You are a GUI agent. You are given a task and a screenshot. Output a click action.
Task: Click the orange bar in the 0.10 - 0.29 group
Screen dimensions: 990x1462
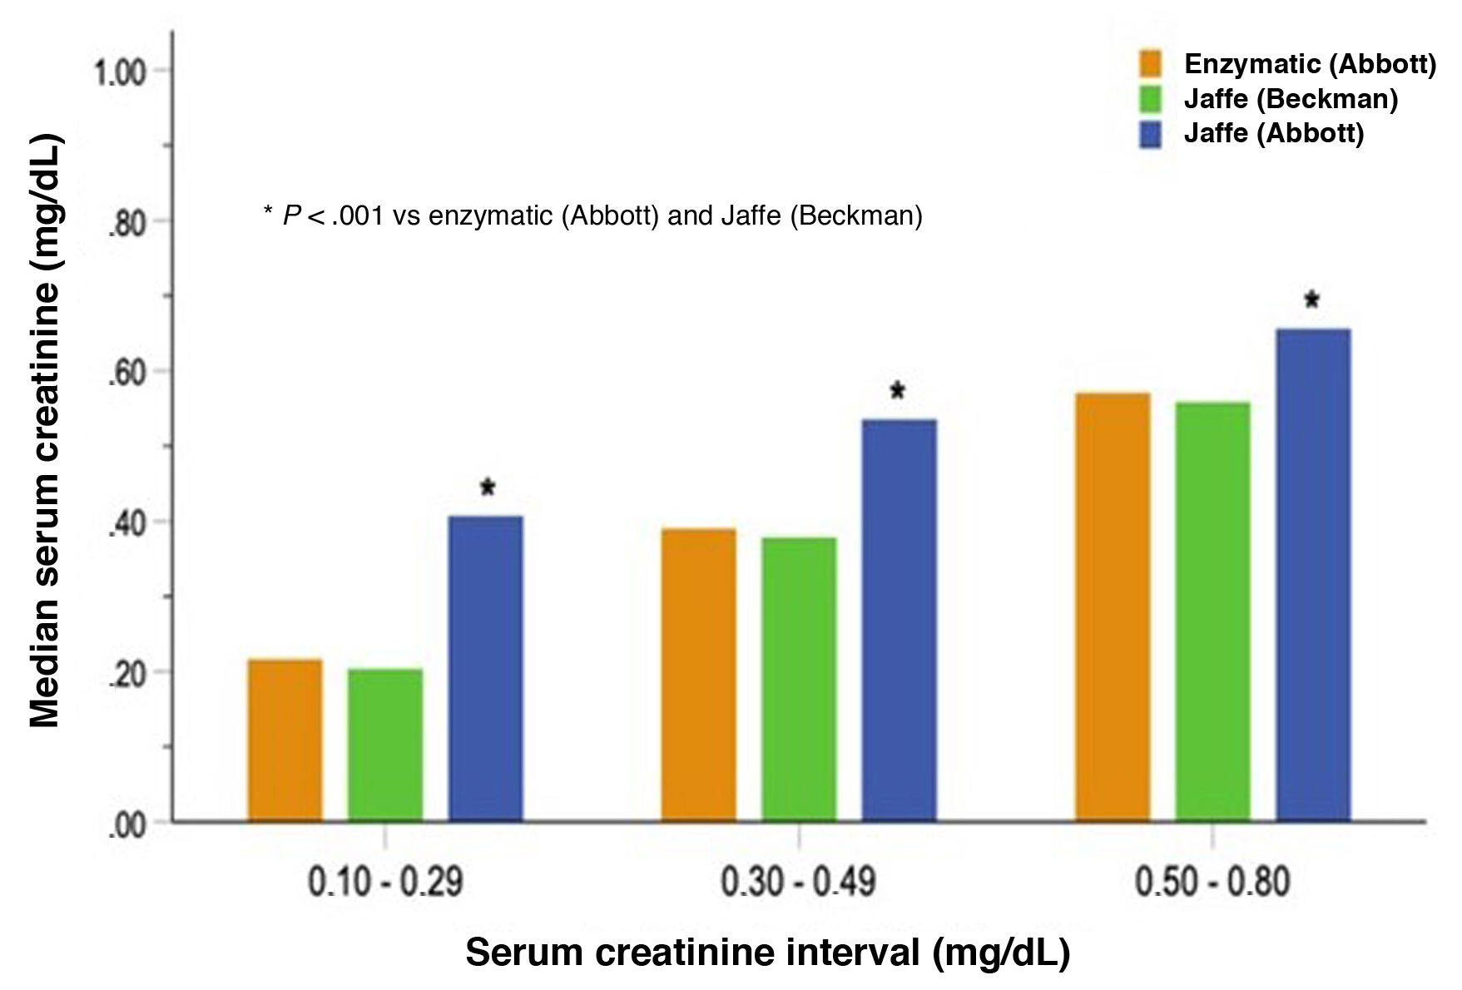point(285,740)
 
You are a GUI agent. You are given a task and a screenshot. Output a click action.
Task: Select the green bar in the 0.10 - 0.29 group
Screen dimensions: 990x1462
point(385,745)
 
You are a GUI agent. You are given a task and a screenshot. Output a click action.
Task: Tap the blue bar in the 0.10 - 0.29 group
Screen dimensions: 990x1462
point(486,669)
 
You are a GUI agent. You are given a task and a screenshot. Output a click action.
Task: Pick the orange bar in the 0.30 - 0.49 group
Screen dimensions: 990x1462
point(699,676)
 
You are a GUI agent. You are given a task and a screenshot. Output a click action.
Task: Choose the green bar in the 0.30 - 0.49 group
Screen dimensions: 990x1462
point(799,680)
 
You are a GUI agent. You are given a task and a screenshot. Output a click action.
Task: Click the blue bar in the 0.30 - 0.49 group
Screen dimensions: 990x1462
point(900,621)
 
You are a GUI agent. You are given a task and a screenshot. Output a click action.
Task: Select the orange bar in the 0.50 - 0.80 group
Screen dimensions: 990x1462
point(1113,607)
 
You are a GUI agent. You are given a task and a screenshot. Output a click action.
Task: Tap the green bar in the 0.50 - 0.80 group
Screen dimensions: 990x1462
point(1212,612)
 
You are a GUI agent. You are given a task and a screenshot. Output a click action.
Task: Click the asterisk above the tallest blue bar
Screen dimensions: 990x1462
point(1312,300)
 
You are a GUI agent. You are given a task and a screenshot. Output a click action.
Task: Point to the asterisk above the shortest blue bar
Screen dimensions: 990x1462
point(488,488)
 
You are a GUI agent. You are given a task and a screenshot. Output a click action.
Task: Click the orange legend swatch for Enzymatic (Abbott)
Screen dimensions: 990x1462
point(1150,64)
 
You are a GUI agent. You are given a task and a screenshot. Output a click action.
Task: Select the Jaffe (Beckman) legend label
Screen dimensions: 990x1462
point(1291,99)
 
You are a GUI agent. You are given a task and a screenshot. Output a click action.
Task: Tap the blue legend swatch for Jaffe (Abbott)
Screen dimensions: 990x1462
point(1150,134)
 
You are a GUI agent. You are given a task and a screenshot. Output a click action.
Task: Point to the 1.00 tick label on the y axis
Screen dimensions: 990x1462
point(119,72)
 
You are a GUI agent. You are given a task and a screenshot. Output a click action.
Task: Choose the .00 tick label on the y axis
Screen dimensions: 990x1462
point(126,825)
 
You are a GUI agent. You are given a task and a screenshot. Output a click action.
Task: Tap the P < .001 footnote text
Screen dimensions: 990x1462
point(592,216)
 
